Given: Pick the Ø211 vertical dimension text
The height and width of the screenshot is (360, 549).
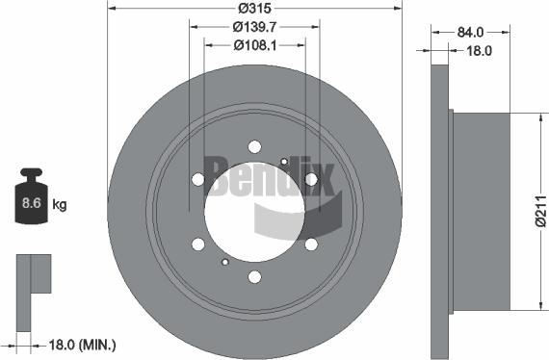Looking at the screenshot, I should (x=539, y=211).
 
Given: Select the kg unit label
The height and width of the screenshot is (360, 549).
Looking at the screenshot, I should (x=59, y=204).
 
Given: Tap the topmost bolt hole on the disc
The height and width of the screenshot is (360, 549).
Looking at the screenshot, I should (x=254, y=146).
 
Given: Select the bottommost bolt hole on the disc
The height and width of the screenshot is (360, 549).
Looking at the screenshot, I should (x=254, y=277).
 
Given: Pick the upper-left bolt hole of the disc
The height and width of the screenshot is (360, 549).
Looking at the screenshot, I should (x=197, y=179).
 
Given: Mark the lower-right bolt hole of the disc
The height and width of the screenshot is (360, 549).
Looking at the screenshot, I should (x=310, y=244).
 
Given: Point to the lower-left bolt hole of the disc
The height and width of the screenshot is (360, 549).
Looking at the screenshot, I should (x=197, y=244).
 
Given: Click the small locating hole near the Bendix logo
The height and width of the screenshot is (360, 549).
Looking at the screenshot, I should (x=283, y=161).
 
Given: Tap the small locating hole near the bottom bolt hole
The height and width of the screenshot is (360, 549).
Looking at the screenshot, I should (x=224, y=262).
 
